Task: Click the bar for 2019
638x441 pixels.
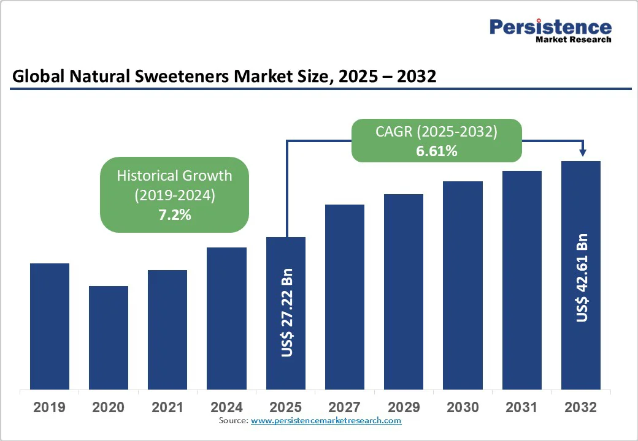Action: (50, 326)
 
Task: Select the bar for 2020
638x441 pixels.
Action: (109, 337)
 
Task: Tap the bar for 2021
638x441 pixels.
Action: (167, 329)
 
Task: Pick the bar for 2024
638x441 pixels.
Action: (226, 318)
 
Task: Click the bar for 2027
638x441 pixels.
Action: (345, 296)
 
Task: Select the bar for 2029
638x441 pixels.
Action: (404, 291)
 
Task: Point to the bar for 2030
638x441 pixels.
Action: (463, 285)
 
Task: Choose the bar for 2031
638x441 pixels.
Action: (522, 279)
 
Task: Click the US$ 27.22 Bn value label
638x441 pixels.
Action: (286, 312)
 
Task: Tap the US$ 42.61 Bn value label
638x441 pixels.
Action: (582, 277)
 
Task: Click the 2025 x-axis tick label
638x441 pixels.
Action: (285, 407)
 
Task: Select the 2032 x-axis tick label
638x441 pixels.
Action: (580, 407)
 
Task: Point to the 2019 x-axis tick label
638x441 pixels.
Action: (49, 407)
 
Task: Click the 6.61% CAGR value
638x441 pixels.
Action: (436, 151)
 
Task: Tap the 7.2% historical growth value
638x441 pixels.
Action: (174, 214)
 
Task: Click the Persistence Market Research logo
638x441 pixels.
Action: (550, 31)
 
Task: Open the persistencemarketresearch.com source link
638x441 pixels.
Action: (326, 421)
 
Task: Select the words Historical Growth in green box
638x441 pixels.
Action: (174, 176)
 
